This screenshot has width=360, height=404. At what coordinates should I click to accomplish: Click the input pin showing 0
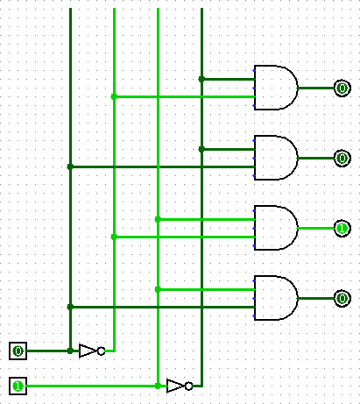point(18,351)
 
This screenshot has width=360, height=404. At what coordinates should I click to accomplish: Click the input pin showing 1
point(18,386)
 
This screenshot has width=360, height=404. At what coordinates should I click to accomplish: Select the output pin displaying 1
point(342,228)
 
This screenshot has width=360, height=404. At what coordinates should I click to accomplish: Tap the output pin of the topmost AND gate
point(342,88)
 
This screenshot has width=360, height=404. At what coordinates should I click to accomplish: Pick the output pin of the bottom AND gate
point(342,298)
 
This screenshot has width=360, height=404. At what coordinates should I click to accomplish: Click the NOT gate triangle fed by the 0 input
point(88,351)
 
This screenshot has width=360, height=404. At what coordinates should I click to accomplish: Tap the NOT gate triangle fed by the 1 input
point(175,386)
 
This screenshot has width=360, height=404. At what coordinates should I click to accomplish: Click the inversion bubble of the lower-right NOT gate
point(189,386)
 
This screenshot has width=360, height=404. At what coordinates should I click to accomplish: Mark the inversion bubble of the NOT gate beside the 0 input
point(101,351)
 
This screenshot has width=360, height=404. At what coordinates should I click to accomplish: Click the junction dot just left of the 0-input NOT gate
point(70,351)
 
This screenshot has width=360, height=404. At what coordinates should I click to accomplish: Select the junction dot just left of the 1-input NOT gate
point(158,386)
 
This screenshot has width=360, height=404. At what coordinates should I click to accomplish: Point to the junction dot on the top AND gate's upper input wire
point(201,79)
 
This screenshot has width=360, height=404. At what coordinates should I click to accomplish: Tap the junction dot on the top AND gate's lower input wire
point(114,96)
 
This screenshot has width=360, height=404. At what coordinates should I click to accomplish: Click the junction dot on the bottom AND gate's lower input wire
point(70,307)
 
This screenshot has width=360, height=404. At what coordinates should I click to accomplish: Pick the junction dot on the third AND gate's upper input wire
point(158,219)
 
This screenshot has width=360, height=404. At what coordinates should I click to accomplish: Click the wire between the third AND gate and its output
point(316,228)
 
